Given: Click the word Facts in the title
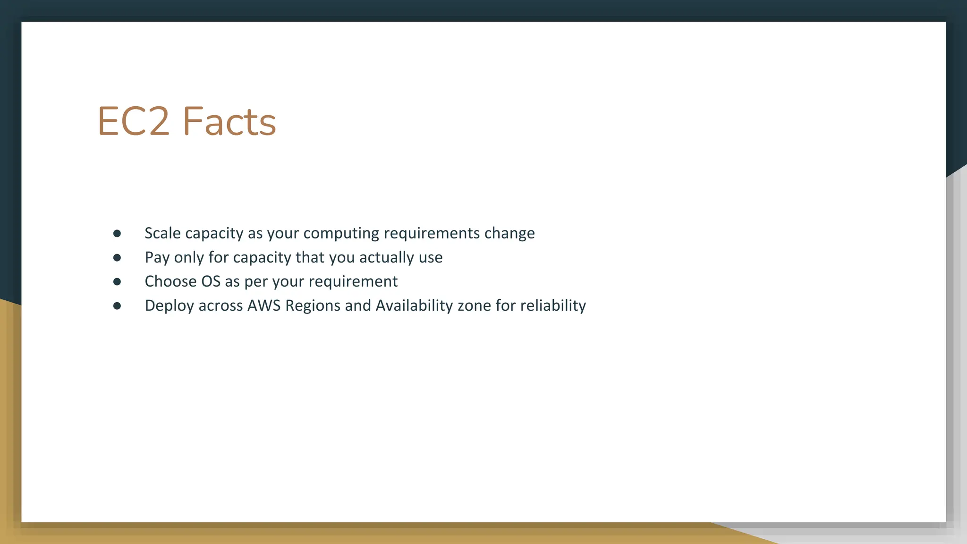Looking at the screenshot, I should click(x=229, y=122).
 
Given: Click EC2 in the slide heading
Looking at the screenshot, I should click(x=133, y=122).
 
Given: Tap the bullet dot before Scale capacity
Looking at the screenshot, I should click(x=117, y=233).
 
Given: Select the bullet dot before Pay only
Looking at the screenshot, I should click(x=117, y=257).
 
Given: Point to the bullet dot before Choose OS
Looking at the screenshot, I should click(x=117, y=281).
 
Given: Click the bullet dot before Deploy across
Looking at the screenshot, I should click(x=117, y=306).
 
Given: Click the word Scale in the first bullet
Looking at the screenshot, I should click(x=162, y=233).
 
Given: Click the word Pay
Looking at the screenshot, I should click(x=157, y=257).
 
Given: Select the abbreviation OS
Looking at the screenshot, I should click(x=211, y=281).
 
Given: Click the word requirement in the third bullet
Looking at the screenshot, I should click(x=353, y=281).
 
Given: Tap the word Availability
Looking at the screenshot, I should click(x=414, y=306).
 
